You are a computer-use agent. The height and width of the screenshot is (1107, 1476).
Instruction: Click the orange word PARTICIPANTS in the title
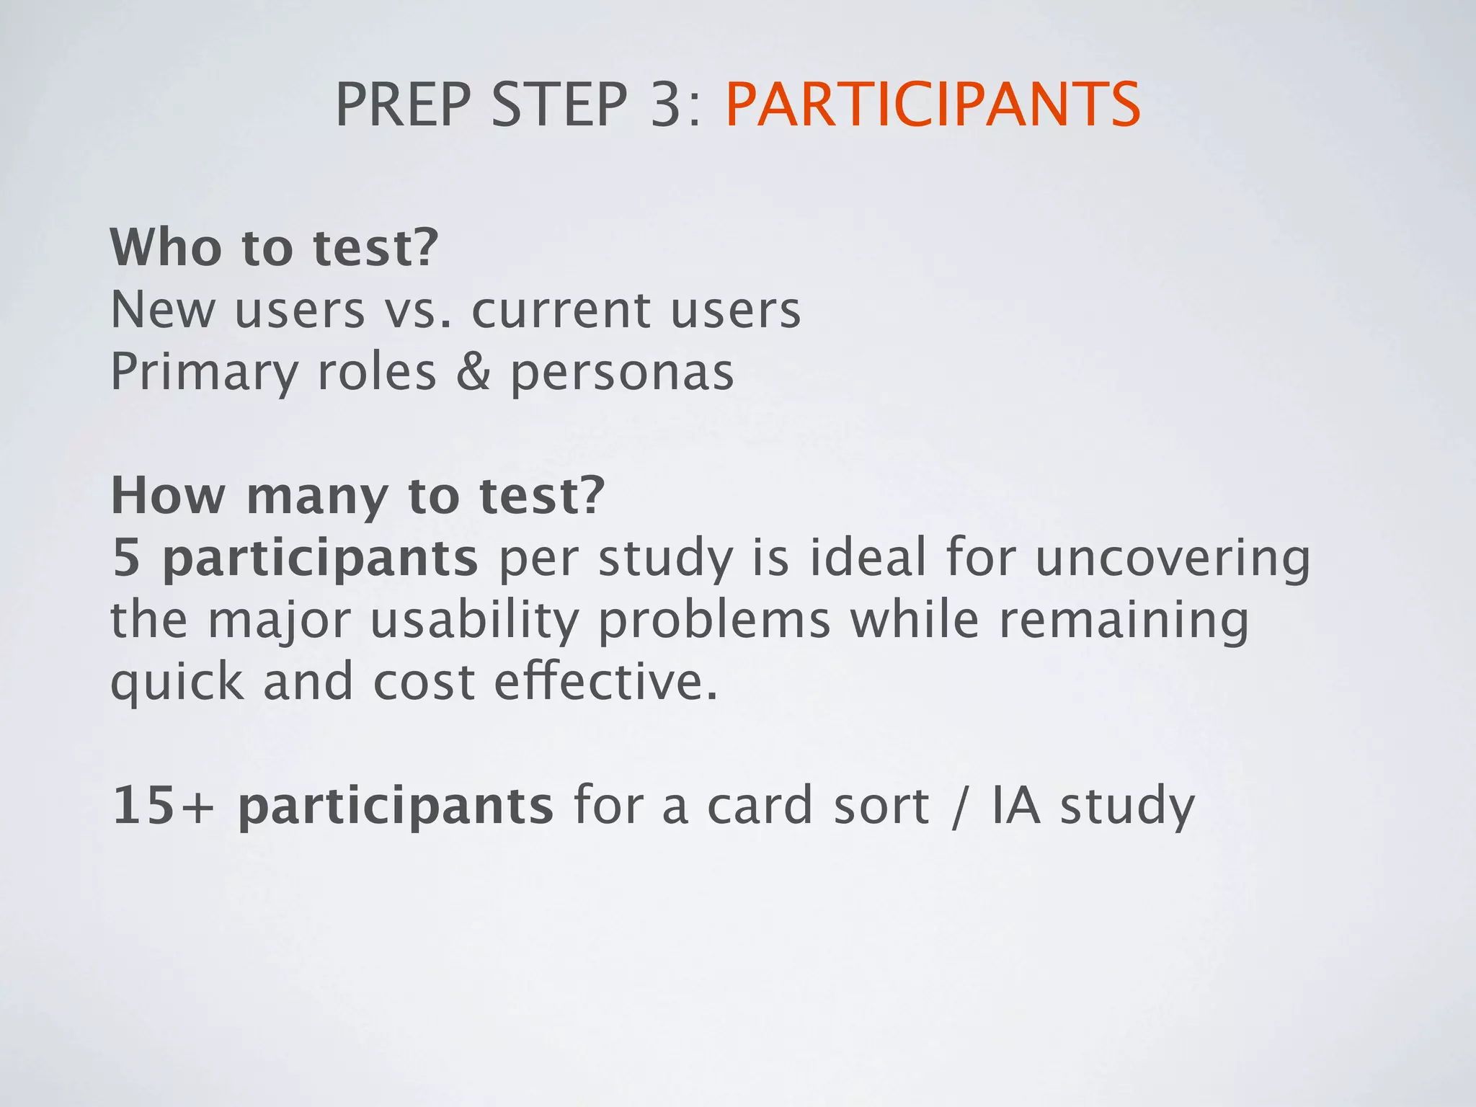click(x=933, y=105)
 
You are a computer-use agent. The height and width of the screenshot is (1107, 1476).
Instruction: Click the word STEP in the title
click(x=559, y=105)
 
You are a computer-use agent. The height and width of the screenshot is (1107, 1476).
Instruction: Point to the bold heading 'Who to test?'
click(x=274, y=247)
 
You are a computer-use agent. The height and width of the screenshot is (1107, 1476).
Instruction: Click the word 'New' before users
click(x=163, y=310)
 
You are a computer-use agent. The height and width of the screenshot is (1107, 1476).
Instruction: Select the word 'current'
click(x=561, y=311)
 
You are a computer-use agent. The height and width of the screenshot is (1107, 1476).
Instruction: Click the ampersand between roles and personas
click(x=473, y=373)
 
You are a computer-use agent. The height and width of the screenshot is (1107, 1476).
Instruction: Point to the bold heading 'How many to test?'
click(x=357, y=497)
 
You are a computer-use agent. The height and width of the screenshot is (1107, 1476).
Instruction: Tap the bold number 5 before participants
click(x=126, y=559)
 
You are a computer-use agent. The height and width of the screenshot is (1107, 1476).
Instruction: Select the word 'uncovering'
click(x=1173, y=559)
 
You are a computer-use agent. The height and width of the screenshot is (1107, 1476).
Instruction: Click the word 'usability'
click(x=474, y=621)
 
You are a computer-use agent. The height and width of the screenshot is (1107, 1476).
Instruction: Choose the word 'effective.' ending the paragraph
click(x=605, y=682)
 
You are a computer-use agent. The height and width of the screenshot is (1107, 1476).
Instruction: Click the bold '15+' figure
click(x=164, y=806)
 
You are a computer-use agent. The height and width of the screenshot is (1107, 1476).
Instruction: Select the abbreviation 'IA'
click(x=1015, y=806)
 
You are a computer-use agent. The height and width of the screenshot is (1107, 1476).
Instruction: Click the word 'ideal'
click(x=867, y=558)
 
